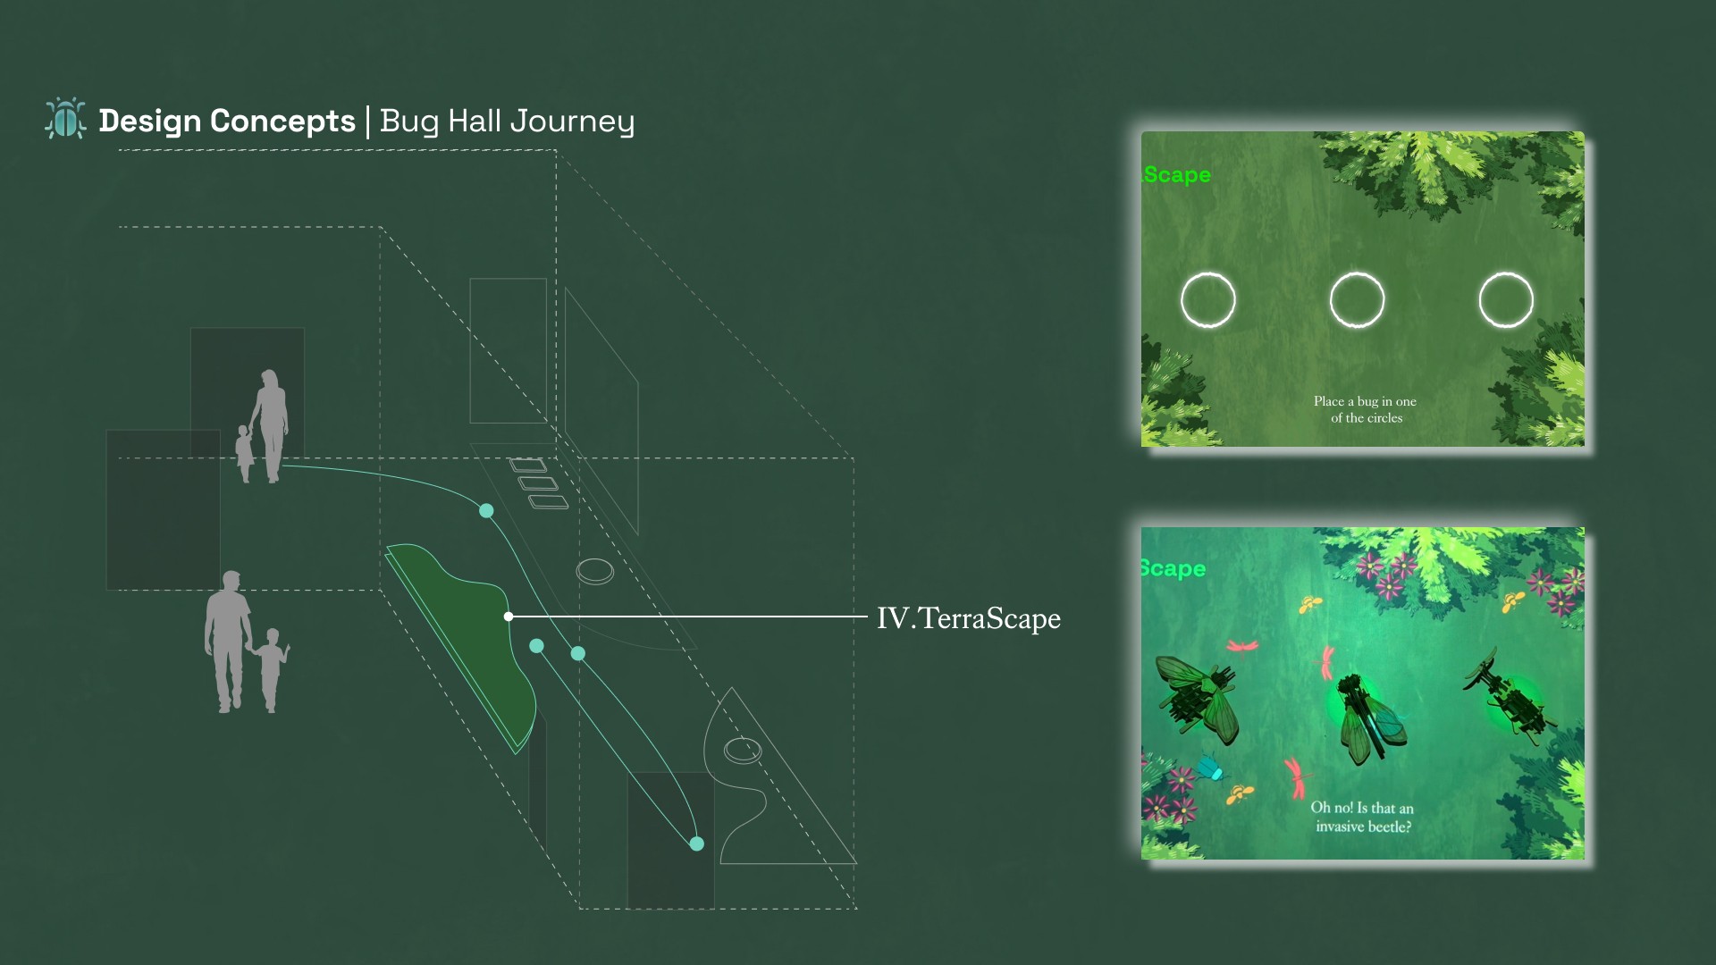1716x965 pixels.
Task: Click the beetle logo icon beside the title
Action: (65, 118)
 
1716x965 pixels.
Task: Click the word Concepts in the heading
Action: (282, 121)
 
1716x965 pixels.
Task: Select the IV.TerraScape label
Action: (968, 618)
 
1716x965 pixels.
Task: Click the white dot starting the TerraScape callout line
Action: (509, 617)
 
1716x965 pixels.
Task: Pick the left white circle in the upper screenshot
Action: (1208, 300)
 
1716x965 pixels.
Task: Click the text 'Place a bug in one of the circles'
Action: (1366, 409)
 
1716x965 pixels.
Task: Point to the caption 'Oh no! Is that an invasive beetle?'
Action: (1362, 817)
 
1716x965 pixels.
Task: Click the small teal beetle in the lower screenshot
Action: (1211, 768)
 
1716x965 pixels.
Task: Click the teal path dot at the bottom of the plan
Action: (697, 843)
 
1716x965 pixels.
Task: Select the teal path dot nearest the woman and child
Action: (486, 511)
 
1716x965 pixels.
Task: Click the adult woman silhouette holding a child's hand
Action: (270, 426)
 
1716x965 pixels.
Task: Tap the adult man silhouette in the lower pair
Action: (227, 642)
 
